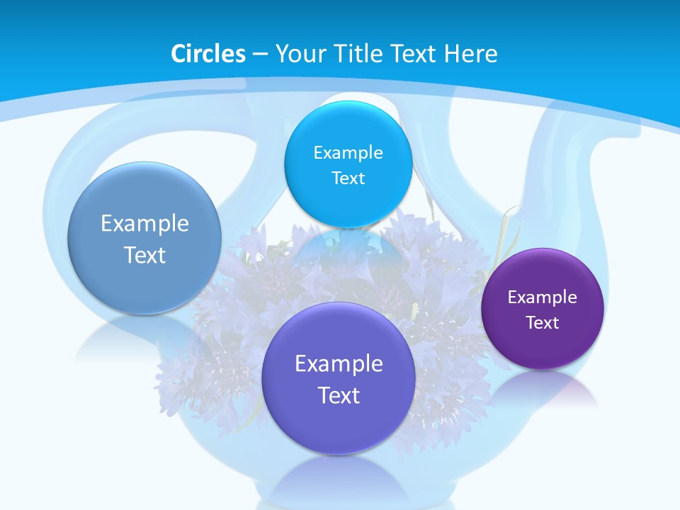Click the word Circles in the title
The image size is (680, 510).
click(208, 54)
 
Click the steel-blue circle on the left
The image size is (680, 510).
click(144, 239)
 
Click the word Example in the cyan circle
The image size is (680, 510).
click(348, 152)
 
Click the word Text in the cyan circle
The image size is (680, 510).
click(348, 178)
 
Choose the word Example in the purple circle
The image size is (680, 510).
click(543, 297)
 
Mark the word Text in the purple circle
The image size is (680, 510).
click(543, 322)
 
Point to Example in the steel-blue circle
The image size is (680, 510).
click(144, 223)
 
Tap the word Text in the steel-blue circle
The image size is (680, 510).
click(144, 255)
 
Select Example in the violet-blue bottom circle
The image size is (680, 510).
click(339, 363)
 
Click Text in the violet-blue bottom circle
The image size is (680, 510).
click(339, 395)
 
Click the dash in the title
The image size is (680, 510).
click(260, 55)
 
